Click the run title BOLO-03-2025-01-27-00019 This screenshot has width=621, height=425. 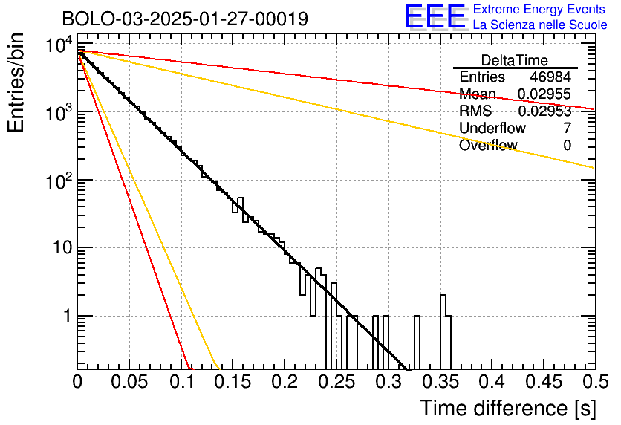pyautogui.click(x=185, y=19)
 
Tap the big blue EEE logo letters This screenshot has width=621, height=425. pyautogui.click(x=435, y=16)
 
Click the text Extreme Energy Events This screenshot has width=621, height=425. pyautogui.click(x=539, y=9)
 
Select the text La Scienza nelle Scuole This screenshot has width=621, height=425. pyautogui.click(x=540, y=25)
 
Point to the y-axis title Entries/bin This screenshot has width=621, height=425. pyautogui.click(x=16, y=82)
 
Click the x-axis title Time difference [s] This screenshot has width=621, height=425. pyautogui.click(x=508, y=409)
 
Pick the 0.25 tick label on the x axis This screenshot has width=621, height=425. pyautogui.click(x=336, y=382)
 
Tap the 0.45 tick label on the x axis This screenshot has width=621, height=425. pyautogui.click(x=544, y=382)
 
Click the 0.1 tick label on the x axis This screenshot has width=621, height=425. pyautogui.click(x=182, y=382)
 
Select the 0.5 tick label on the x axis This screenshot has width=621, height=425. pyautogui.click(x=596, y=382)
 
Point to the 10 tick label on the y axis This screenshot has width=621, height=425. pyautogui.click(x=62, y=248)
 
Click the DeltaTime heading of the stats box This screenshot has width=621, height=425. pyautogui.click(x=515, y=60)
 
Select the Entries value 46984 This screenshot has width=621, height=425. pyautogui.click(x=550, y=77)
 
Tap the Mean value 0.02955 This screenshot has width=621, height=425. pyautogui.click(x=544, y=94)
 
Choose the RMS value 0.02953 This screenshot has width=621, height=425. pyautogui.click(x=544, y=111)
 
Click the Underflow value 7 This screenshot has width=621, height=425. pyautogui.click(x=567, y=128)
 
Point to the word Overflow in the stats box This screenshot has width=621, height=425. pyautogui.click(x=488, y=145)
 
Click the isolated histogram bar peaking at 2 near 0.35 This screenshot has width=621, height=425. pyautogui.click(x=443, y=305)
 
